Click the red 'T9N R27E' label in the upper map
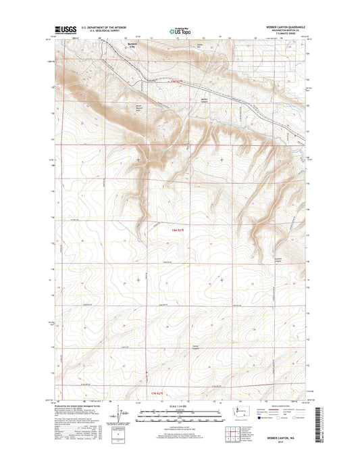176,82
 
